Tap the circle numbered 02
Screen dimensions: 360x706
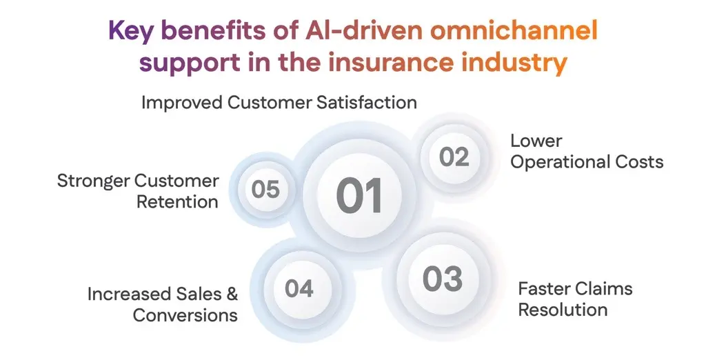click(454, 157)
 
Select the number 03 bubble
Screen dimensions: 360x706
click(442, 279)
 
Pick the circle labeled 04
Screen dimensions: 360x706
click(299, 288)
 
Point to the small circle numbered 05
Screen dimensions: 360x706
click(265, 189)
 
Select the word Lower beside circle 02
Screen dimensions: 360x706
click(536, 141)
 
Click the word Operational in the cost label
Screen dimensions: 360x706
click(559, 162)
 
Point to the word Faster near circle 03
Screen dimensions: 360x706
click(543, 288)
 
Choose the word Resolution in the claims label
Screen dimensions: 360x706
click(563, 310)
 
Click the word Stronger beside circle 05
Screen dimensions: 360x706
click(93, 181)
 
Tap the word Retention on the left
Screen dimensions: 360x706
click(177, 202)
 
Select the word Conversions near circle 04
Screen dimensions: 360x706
click(185, 315)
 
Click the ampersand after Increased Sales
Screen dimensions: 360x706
click(231, 294)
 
